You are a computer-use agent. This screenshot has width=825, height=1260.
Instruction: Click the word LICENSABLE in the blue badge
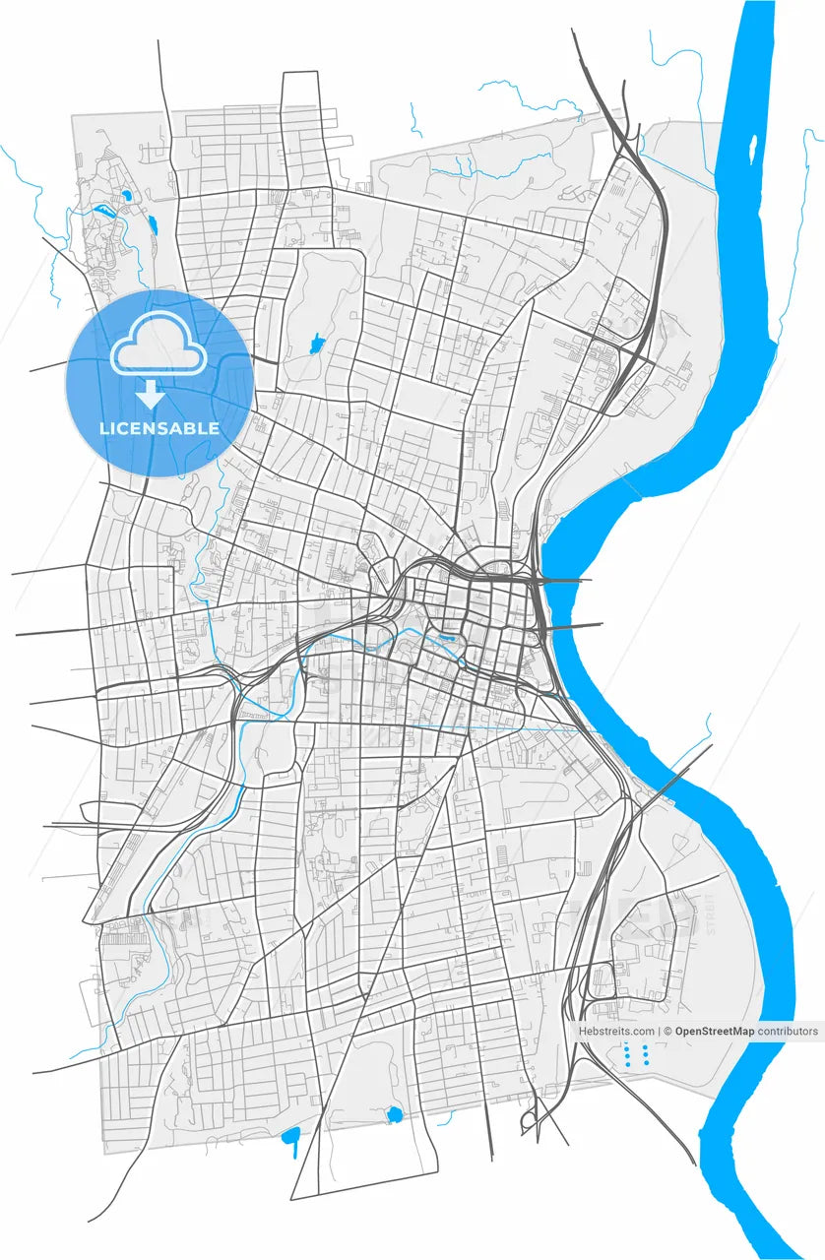coord(159,429)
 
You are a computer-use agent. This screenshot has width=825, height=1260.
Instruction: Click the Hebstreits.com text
coord(616,1032)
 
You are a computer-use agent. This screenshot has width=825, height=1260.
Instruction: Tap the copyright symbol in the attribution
coord(666,1032)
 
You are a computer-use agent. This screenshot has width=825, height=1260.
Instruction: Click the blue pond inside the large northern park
coord(317,344)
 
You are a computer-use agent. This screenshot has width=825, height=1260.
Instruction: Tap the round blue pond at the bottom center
coord(395,1114)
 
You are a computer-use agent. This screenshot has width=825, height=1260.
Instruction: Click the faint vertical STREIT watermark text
coord(711,914)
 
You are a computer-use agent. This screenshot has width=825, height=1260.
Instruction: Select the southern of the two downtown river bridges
coord(576,626)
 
